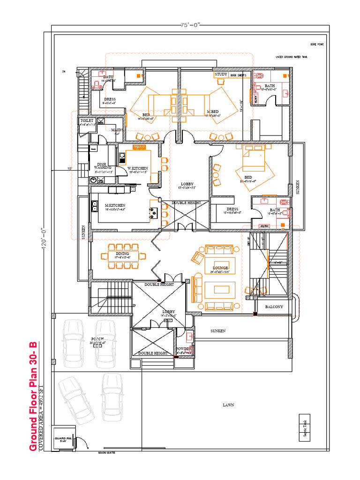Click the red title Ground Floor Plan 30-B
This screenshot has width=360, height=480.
point(33,397)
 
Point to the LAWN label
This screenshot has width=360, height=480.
point(228,405)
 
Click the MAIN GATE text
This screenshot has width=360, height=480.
point(106,453)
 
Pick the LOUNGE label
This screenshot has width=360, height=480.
point(220,268)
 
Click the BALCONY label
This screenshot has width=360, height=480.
point(274,307)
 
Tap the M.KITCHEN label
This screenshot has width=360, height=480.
point(115,205)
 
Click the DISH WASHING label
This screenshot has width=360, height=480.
point(102,165)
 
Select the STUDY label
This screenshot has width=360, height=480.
point(221,75)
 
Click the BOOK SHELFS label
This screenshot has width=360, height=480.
point(238,75)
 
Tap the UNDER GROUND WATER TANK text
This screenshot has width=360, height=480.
point(292,57)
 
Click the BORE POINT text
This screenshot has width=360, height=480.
point(317,45)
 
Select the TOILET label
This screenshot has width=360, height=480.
point(87,120)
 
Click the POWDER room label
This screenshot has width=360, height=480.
point(183,349)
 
